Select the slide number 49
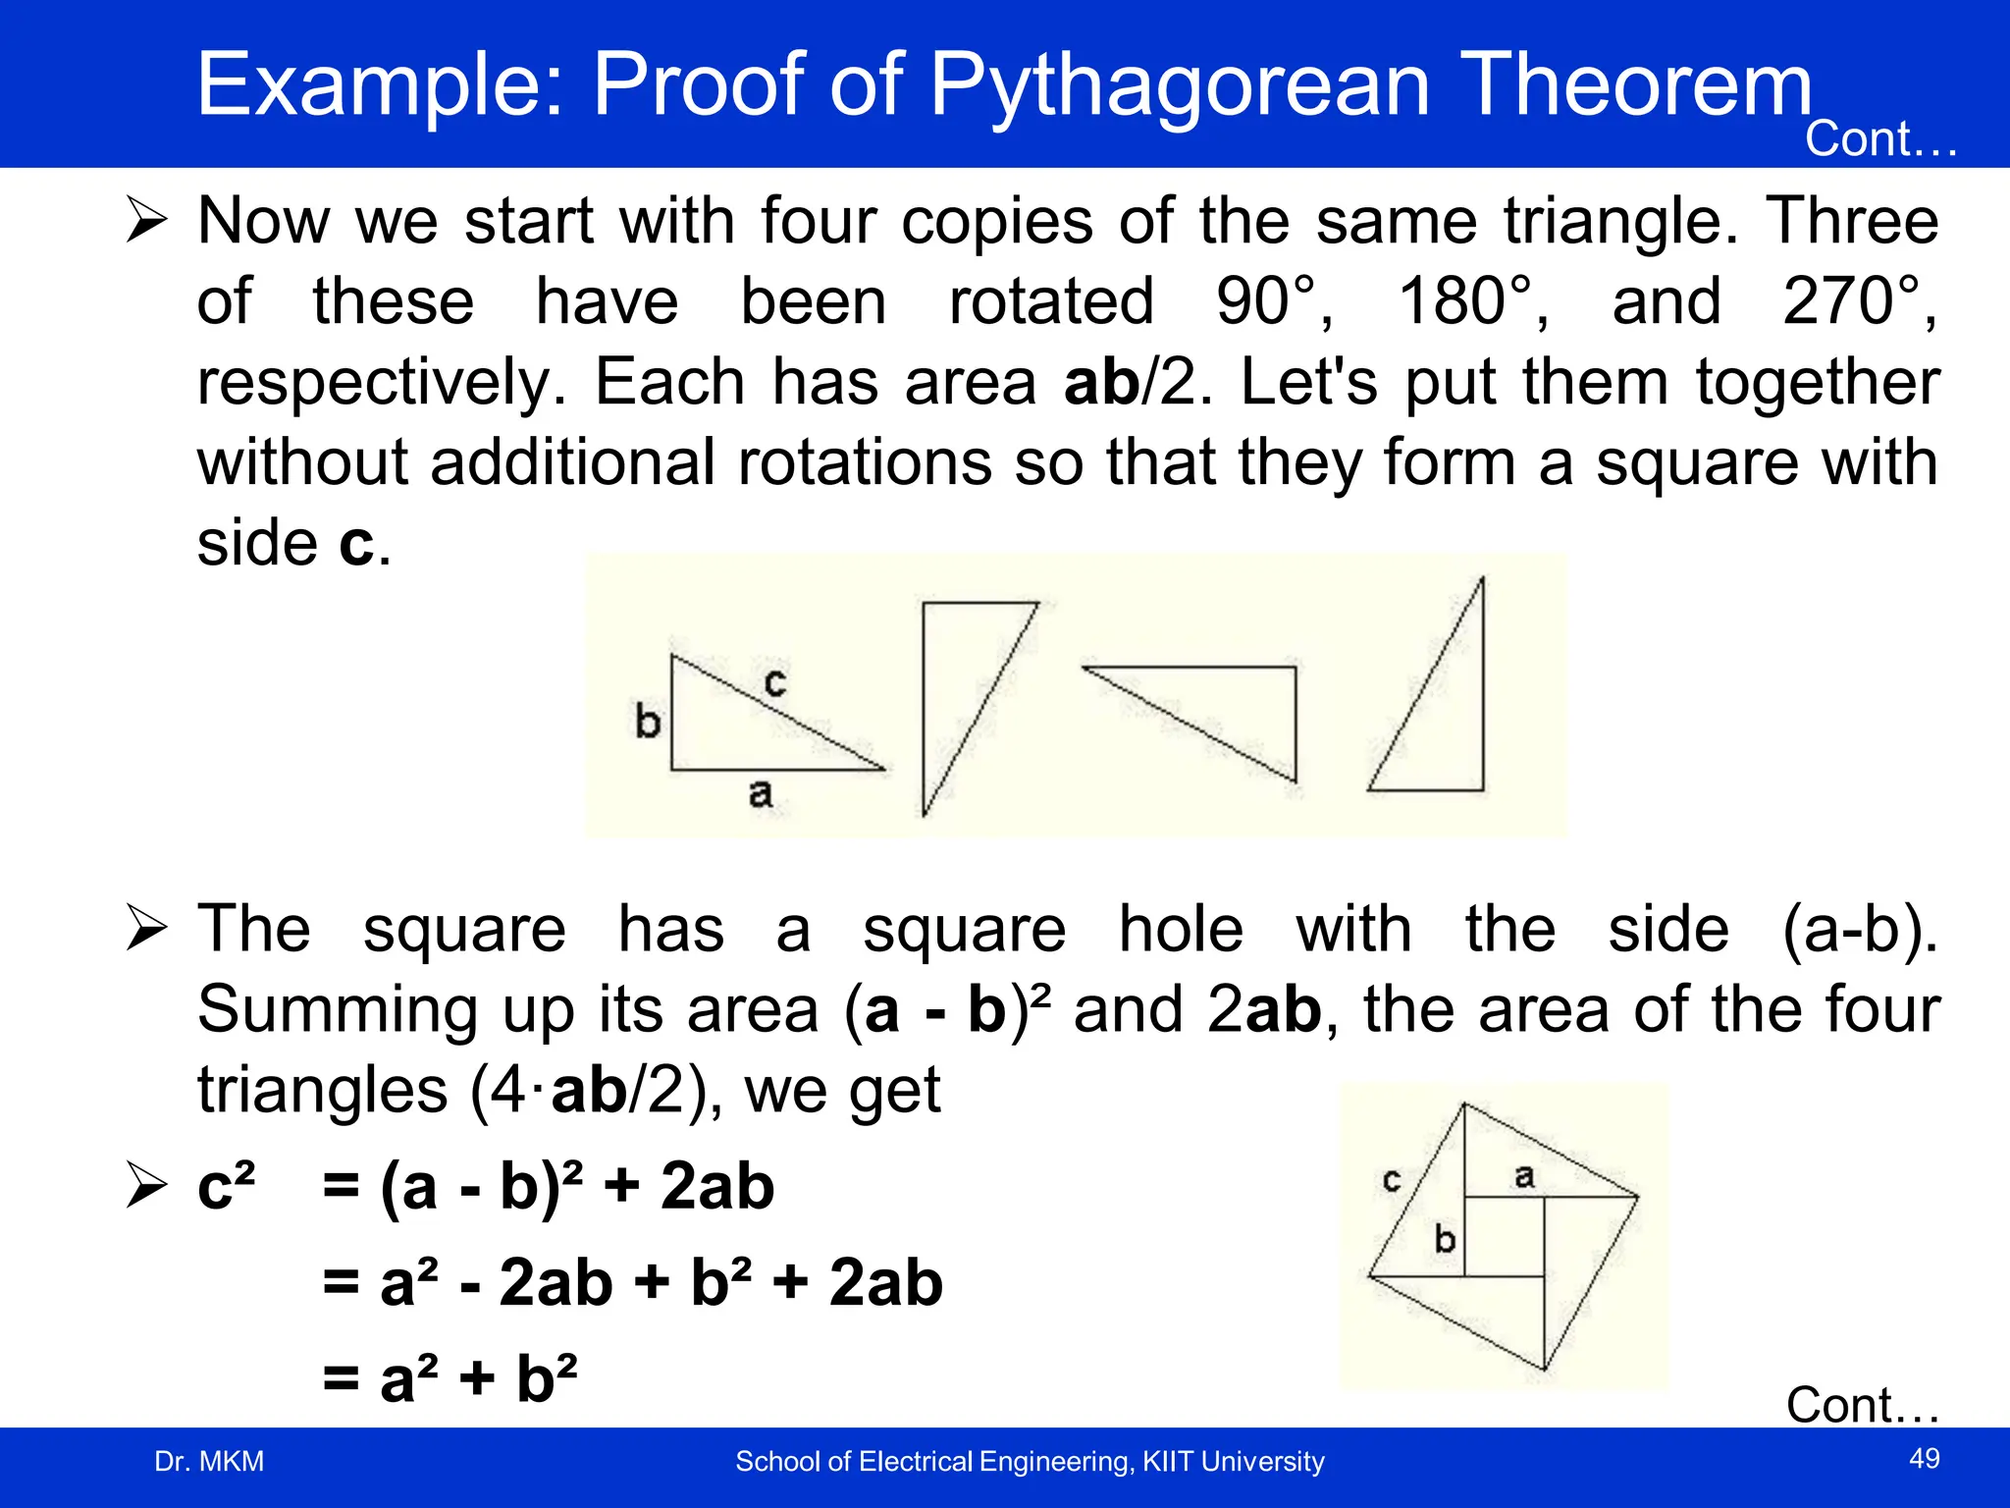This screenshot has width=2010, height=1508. [1924, 1458]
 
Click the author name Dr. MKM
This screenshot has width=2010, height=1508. [209, 1461]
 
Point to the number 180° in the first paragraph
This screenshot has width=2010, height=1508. [1472, 301]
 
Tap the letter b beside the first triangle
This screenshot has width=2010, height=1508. [648, 722]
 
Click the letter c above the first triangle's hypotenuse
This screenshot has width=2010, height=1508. [774, 681]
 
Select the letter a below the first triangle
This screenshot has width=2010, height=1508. [760, 793]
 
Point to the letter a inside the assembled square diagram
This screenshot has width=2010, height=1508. [1523, 1175]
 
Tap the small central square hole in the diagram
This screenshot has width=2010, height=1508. [1504, 1236]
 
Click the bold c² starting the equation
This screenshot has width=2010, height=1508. [226, 1185]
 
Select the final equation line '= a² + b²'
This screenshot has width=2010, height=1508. [450, 1377]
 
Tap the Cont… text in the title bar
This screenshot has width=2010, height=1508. [1880, 139]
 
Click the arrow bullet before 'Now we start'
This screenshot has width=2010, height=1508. [146, 220]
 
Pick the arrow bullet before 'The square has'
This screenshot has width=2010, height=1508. [146, 929]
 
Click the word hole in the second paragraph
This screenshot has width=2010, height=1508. [1181, 929]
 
